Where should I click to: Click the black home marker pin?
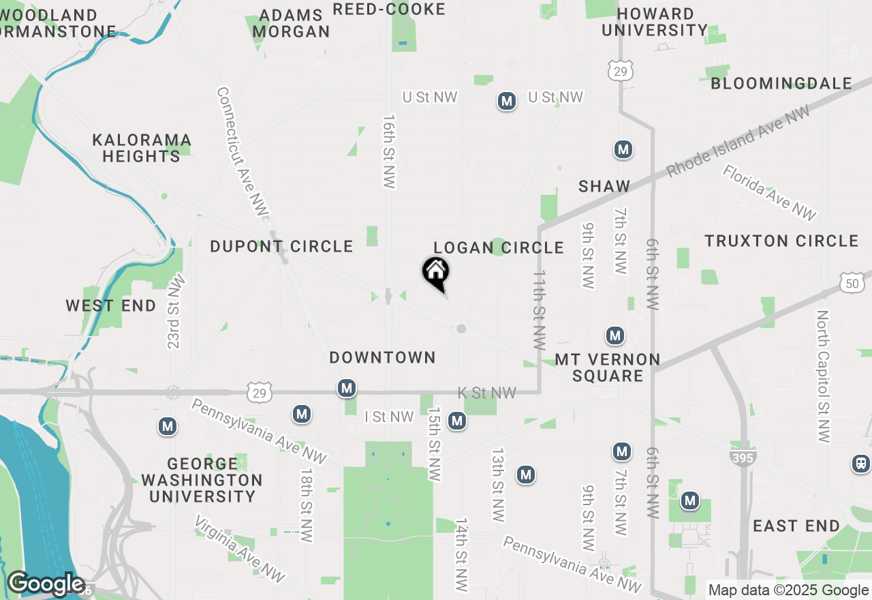click(x=436, y=273)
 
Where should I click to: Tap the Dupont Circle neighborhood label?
click(x=281, y=246)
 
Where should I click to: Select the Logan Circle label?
click(x=499, y=247)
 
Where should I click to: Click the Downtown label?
click(x=382, y=357)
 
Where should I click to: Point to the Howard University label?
click(x=655, y=22)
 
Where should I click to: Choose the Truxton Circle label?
click(x=781, y=241)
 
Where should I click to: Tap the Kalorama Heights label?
click(x=142, y=148)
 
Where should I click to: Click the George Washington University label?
click(x=202, y=480)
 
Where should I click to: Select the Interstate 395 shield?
click(x=742, y=457)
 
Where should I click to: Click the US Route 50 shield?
click(x=852, y=283)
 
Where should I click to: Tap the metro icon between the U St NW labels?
click(x=506, y=102)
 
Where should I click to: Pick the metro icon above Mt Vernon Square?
click(x=615, y=335)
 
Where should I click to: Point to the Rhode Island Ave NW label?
click(x=738, y=142)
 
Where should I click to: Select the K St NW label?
click(x=486, y=393)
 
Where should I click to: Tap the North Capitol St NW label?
click(x=824, y=376)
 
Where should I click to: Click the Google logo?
click(x=46, y=584)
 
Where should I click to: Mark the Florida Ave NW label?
click(x=769, y=193)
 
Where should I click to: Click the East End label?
click(x=796, y=526)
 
